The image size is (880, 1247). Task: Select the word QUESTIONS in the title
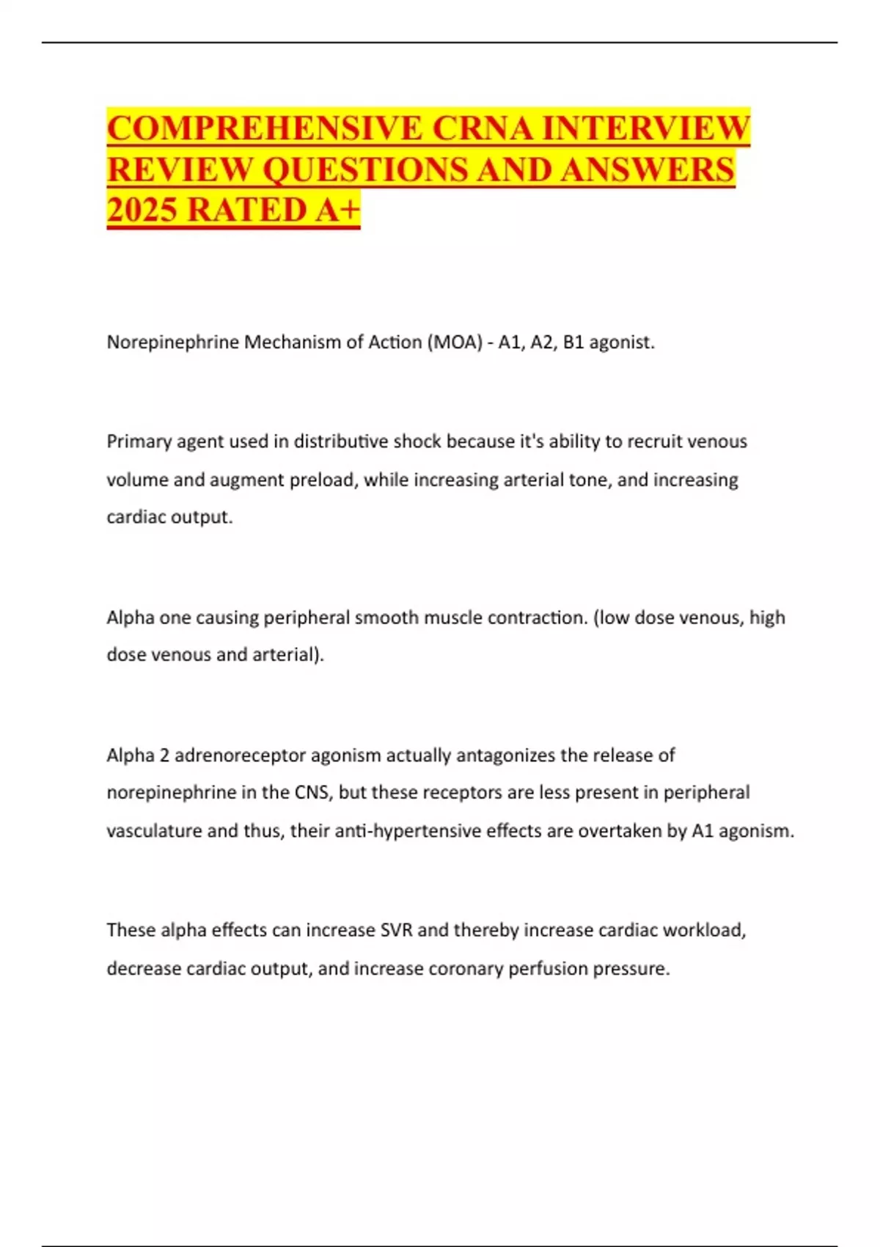pos(364,169)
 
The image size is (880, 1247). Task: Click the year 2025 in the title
pos(142,210)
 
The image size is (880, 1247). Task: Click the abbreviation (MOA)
pos(452,343)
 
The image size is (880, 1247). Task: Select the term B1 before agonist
pos(573,343)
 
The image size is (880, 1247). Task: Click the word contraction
pos(537,618)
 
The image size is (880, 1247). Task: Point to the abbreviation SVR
pos(397,930)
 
